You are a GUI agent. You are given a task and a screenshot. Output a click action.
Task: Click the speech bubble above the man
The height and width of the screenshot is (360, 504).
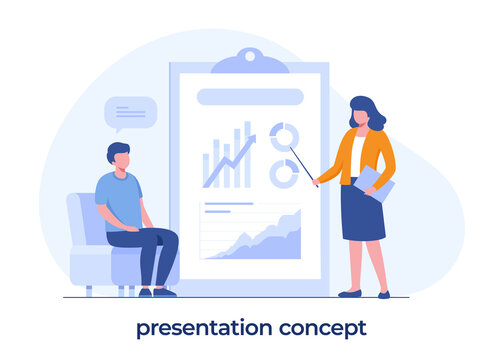(130, 112)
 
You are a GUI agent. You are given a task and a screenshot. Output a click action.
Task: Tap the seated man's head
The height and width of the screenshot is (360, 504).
(118, 156)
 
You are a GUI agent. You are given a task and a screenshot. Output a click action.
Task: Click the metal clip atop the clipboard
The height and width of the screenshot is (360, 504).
(249, 61)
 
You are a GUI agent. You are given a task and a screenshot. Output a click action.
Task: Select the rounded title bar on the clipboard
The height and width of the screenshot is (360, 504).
(249, 97)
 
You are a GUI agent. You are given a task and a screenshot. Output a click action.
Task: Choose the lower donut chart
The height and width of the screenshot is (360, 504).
(284, 173)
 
